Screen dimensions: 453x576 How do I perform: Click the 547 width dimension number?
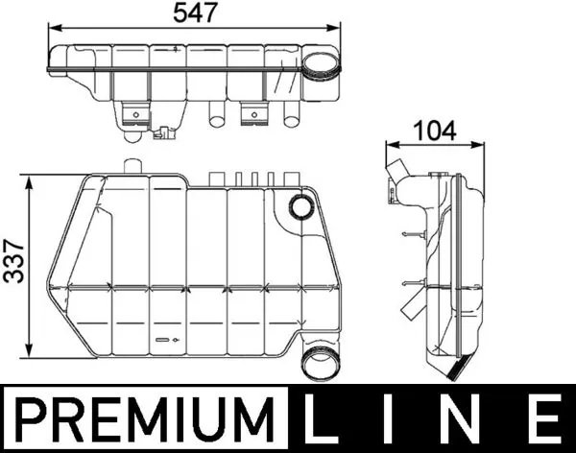(197, 12)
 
